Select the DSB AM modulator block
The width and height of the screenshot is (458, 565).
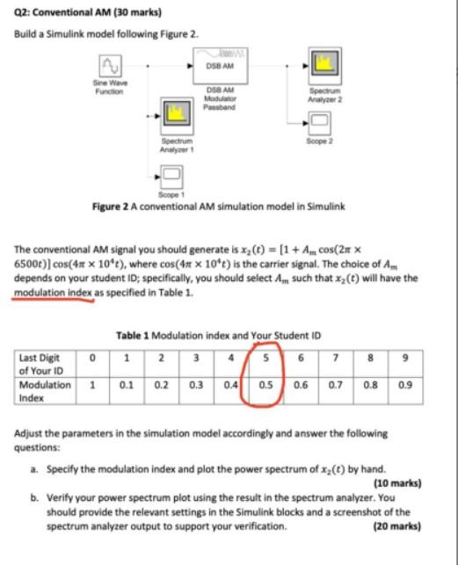pos(221,65)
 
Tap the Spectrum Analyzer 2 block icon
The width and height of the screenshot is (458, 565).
pos(324,62)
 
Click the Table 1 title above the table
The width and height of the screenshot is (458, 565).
pos(219,335)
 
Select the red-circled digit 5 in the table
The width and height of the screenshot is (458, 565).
pos(264,358)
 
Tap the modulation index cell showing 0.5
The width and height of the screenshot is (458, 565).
pos(264,386)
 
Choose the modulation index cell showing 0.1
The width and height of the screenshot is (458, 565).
pos(127,386)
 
